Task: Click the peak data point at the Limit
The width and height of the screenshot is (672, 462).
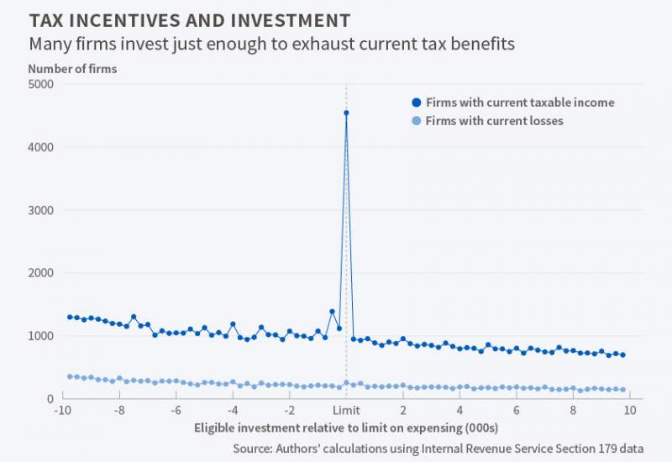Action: coord(346,113)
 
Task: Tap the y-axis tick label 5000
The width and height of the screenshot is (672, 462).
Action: coord(40,84)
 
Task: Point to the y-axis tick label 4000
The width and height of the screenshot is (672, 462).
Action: coord(40,147)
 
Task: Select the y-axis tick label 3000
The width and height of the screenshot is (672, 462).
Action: coord(40,210)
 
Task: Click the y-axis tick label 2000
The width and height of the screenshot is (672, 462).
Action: coord(40,273)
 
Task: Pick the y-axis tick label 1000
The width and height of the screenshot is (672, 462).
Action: coord(40,336)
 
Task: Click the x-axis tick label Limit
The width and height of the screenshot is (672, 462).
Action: coord(346,411)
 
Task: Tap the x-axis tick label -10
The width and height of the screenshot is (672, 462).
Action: coord(61,411)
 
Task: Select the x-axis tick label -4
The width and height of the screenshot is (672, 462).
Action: coord(231,411)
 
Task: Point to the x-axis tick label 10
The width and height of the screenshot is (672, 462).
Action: coord(630,411)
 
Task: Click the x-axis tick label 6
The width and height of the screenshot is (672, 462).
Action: coord(517,411)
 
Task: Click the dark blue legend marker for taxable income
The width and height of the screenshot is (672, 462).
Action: coord(416,102)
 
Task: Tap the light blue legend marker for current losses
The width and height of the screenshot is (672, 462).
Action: coord(416,121)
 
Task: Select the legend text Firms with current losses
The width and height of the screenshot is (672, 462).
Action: coord(494,121)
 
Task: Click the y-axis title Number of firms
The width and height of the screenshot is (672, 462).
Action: coord(72,69)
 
